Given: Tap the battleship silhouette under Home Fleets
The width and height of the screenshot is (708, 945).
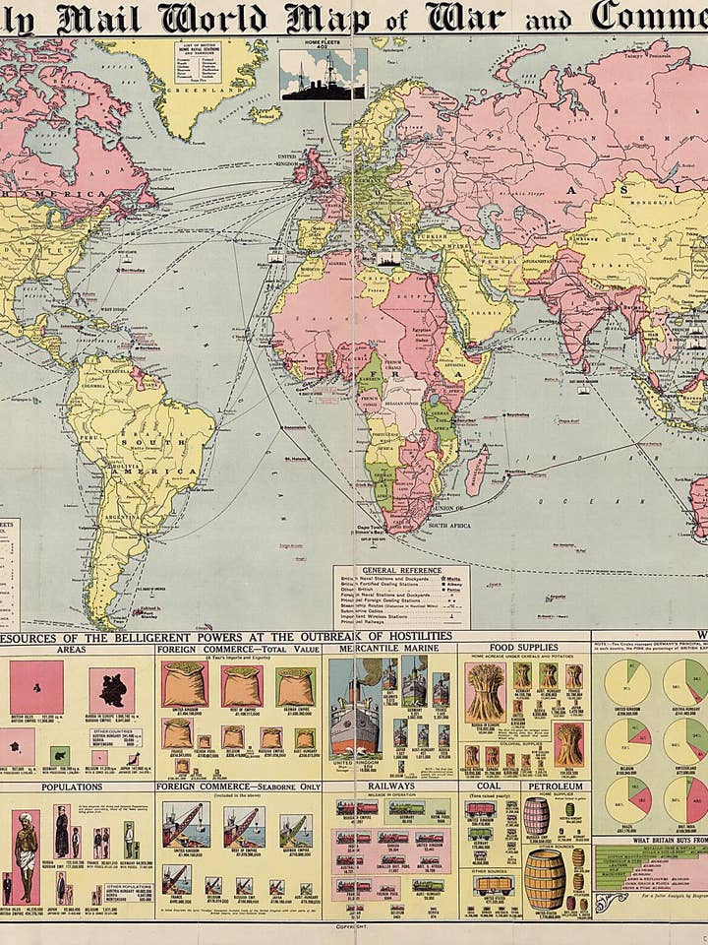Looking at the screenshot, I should click(323, 82).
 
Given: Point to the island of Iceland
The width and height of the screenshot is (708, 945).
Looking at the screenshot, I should click(265, 115).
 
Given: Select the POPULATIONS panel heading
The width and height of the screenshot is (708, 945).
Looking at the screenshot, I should click(71, 787).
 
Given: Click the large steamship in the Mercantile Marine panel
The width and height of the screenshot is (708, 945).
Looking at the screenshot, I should click(353, 714).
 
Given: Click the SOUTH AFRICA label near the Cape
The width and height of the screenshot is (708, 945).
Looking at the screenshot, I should click(450, 526).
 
